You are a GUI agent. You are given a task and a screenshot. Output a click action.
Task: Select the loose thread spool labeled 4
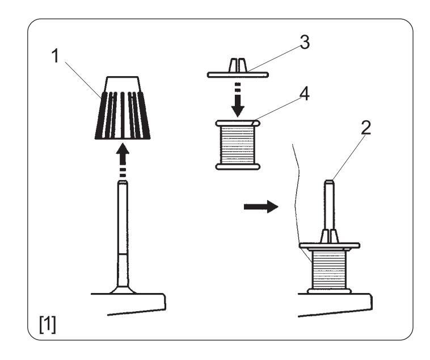[237, 144]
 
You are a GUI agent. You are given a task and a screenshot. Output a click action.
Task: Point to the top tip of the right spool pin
[330, 182]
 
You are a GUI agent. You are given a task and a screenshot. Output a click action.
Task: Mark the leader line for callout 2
[348, 156]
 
